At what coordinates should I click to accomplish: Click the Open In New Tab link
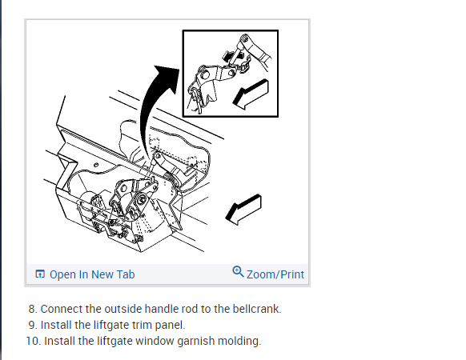click(x=92, y=274)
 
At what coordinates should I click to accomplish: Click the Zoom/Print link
click(x=275, y=274)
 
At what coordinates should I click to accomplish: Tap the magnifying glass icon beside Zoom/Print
click(x=238, y=271)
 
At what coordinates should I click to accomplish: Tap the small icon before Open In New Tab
click(x=40, y=274)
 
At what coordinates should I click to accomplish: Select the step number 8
click(x=33, y=309)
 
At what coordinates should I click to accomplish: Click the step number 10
click(x=34, y=341)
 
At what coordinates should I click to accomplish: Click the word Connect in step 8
click(x=61, y=309)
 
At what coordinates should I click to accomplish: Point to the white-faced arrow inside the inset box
click(x=251, y=94)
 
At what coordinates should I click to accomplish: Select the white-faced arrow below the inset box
click(x=243, y=210)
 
